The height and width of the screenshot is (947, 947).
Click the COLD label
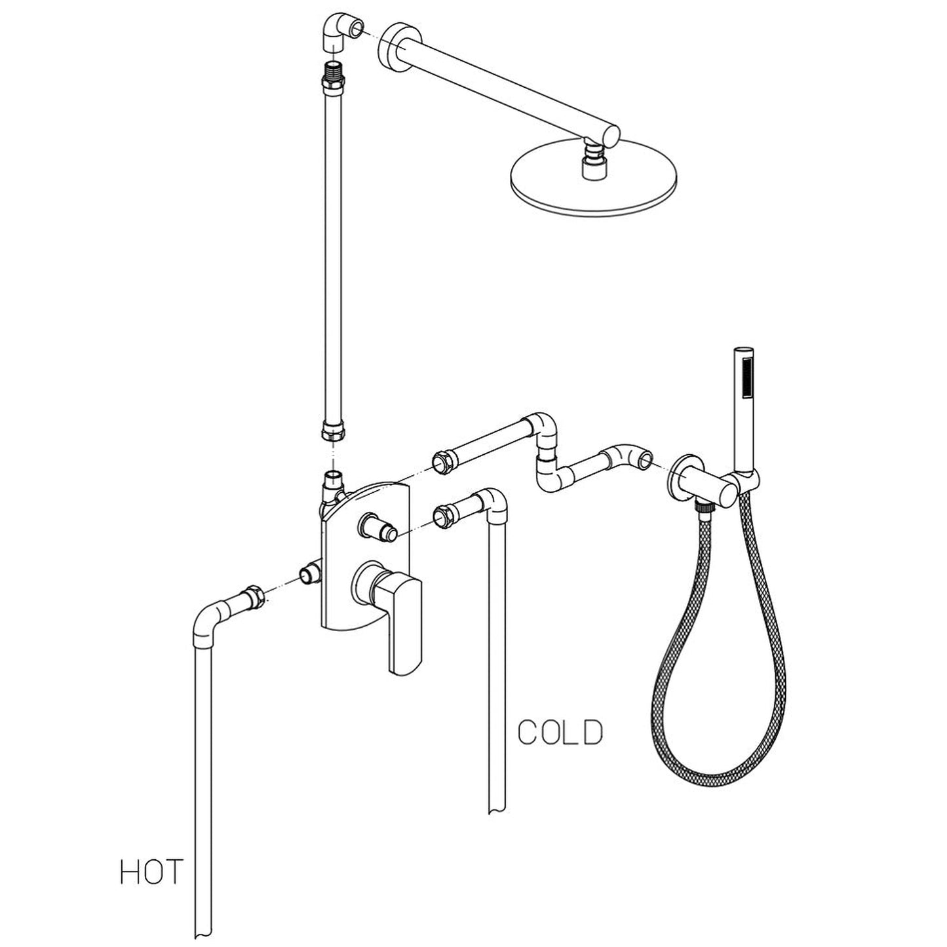(x=560, y=733)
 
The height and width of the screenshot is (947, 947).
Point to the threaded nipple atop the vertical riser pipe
(x=335, y=71)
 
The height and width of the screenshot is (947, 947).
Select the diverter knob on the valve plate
(x=377, y=526)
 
